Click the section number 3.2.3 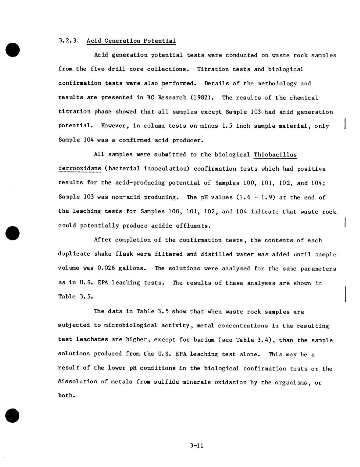(x=67, y=41)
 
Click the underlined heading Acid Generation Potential (x=131, y=41)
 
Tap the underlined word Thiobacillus (x=275, y=155)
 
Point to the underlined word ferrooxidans (x=80, y=169)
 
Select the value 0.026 (x=106, y=268)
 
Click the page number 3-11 (x=196, y=446)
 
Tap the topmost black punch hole (x=13, y=50)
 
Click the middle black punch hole (x=13, y=233)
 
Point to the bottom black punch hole (x=13, y=416)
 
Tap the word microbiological (x=131, y=325)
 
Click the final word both (x=66, y=396)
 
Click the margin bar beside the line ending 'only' (x=344, y=123)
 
